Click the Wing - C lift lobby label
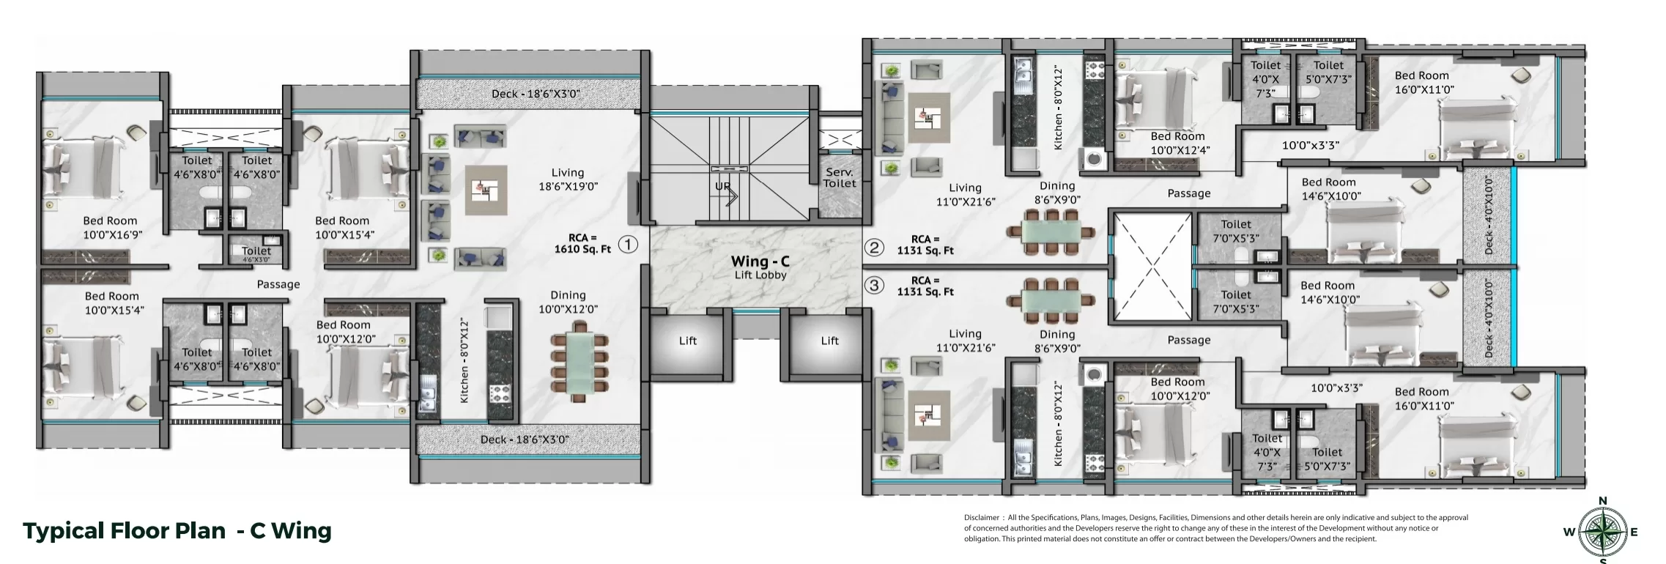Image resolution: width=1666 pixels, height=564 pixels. [760, 267]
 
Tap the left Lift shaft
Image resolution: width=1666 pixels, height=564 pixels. [687, 342]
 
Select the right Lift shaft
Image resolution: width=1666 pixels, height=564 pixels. [829, 342]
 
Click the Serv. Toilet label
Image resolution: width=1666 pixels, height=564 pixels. [839, 178]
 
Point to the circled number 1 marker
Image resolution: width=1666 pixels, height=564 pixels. [628, 244]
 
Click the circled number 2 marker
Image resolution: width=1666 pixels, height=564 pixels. [873, 248]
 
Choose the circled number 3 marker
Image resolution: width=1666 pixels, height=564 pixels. [873, 286]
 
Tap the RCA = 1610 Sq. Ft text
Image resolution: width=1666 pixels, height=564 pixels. [582, 243]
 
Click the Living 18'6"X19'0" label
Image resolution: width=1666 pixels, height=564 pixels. [568, 179]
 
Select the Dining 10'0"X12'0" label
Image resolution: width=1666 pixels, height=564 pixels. [568, 302]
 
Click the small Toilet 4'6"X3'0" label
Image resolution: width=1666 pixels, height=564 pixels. [256, 254]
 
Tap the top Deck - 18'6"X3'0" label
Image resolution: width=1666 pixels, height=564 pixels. [536, 94]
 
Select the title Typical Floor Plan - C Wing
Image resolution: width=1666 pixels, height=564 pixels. [177, 530]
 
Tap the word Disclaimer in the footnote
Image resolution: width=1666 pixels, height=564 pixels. [982, 518]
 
